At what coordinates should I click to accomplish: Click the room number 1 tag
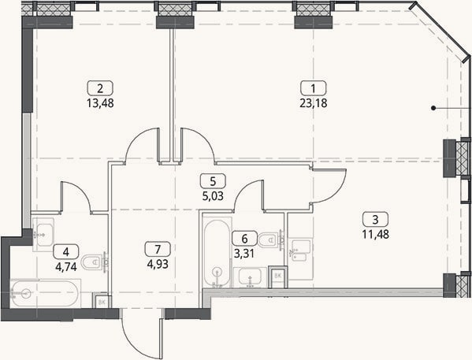tap(314, 88)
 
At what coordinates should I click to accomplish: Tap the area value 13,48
tap(100, 103)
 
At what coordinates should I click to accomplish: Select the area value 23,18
tap(314, 103)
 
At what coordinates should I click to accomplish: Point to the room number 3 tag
tap(375, 220)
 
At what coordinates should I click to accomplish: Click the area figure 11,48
tap(375, 235)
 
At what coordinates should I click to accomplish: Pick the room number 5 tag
tap(213, 181)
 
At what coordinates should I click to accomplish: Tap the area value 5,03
tap(213, 196)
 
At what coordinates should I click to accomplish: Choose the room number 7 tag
tap(158, 250)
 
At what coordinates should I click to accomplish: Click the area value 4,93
tap(158, 264)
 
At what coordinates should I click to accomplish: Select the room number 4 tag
tap(66, 251)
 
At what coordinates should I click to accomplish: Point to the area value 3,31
tap(244, 254)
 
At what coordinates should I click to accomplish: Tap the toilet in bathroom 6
tap(271, 240)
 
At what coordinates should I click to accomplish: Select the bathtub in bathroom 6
tap(217, 253)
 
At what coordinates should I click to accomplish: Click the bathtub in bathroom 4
tap(46, 293)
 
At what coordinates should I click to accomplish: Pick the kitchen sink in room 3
tap(299, 251)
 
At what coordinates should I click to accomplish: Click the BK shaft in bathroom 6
tap(278, 276)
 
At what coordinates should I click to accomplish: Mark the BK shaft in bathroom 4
tap(102, 302)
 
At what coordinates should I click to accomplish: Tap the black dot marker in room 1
tap(433, 108)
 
